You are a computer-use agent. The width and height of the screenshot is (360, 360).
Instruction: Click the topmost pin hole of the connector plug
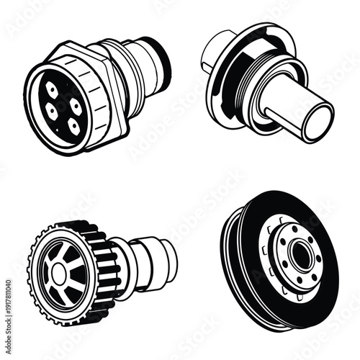pos(53,89)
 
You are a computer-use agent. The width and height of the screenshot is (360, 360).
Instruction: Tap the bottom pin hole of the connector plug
pos(72,124)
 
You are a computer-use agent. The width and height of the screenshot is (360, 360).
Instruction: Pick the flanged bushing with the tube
pos(266,83)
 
